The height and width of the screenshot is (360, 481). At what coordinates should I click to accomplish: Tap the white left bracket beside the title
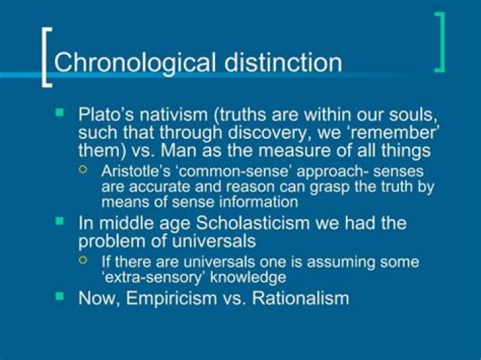click(45, 57)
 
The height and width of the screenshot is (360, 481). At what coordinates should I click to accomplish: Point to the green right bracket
click(439, 41)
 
